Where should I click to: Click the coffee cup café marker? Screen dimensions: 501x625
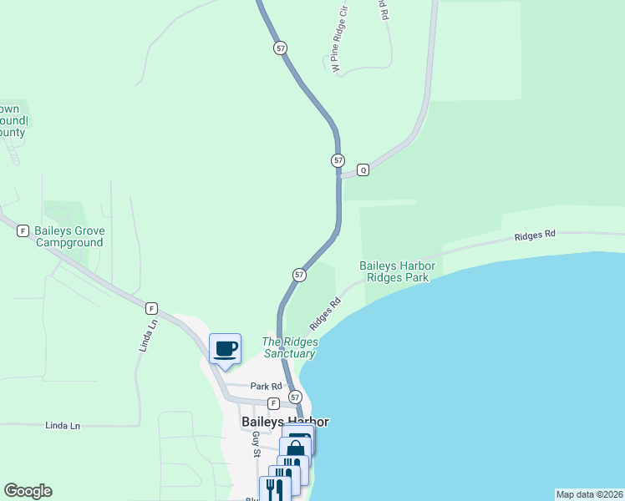pos(226,348)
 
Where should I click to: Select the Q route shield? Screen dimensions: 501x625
pos(363,170)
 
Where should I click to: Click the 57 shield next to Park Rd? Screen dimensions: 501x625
pos(294,397)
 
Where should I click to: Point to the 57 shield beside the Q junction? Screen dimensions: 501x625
pos(338,159)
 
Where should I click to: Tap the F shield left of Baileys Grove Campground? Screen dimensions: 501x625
pos(23,230)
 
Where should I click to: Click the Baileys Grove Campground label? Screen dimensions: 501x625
pos(70,236)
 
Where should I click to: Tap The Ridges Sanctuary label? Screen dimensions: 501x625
pos(289,347)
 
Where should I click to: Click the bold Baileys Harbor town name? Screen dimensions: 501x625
pos(285,422)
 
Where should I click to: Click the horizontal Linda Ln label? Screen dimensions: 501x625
pos(63,426)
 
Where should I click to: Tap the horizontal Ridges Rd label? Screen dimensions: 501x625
pos(535,236)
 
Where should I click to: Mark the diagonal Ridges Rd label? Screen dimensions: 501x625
pos(325,314)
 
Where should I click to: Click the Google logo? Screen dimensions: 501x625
pos(28,491)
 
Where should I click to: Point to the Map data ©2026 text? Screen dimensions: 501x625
pos(589,493)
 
